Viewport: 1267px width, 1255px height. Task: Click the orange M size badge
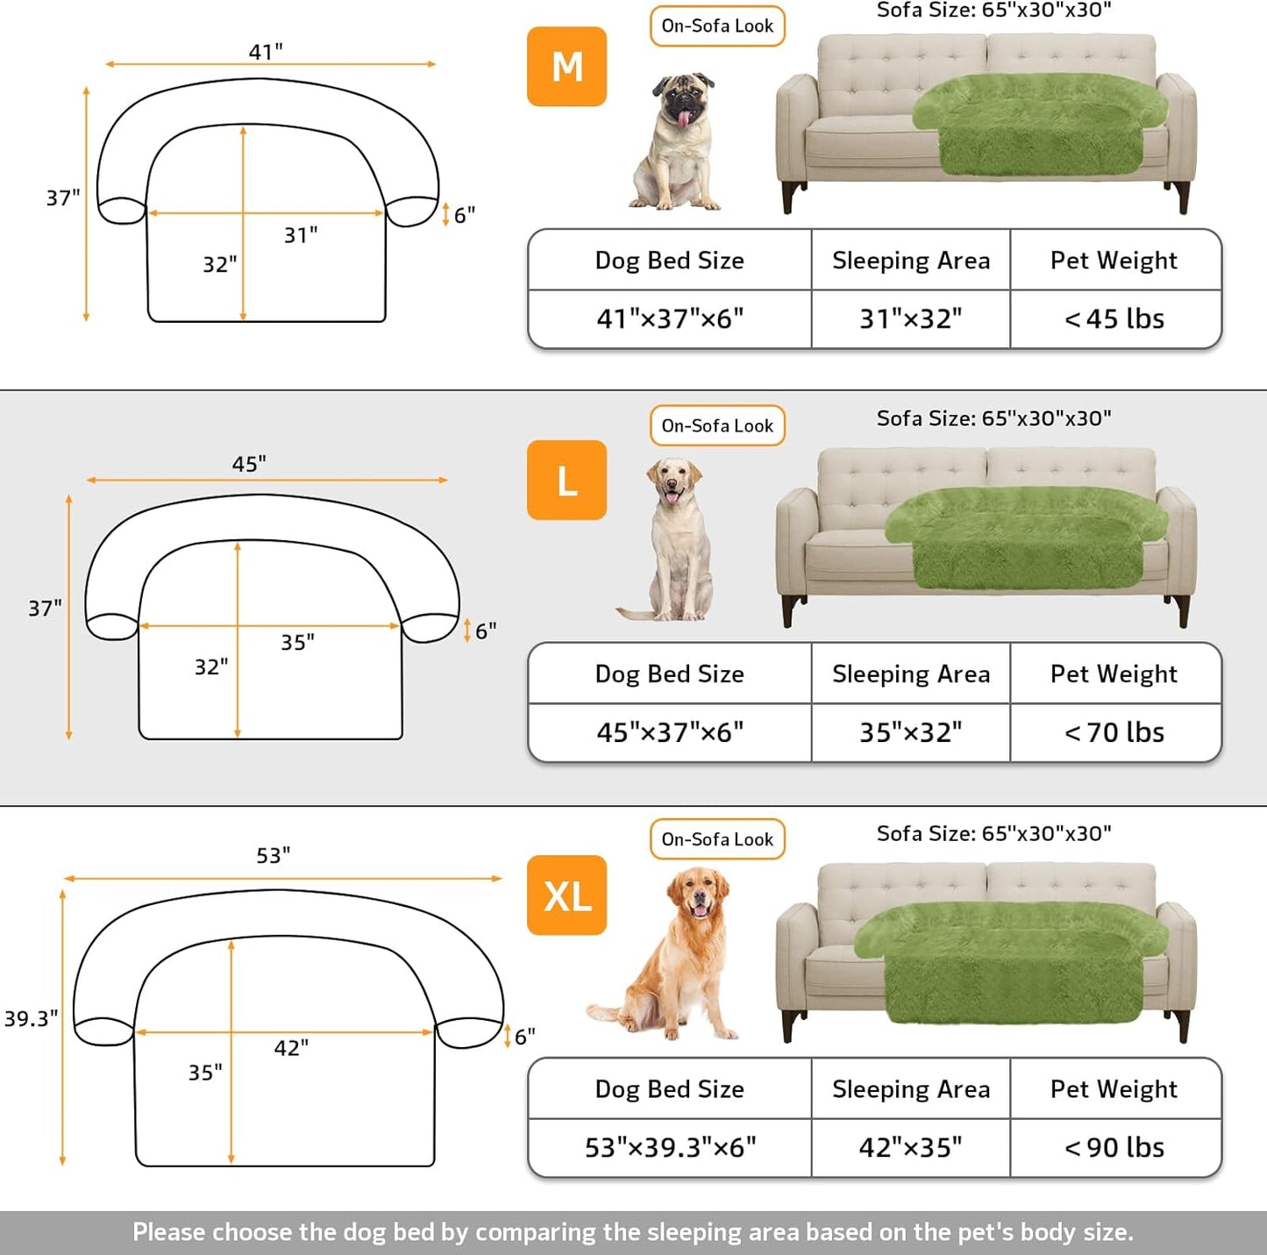pos(566,67)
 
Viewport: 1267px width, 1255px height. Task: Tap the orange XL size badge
pos(566,895)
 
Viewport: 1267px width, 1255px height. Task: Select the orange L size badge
pos(566,481)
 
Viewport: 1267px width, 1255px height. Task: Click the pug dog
pos(676,142)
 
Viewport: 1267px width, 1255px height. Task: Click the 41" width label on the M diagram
pos(266,52)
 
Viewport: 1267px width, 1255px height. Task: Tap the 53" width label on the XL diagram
pos(274,855)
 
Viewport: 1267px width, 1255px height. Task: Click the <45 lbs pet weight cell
pos(1114,319)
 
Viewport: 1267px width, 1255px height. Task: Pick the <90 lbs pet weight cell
pos(1114,1148)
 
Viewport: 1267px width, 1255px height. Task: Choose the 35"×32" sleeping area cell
pos(910,732)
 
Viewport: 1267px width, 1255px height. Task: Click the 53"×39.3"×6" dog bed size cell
pos(670,1148)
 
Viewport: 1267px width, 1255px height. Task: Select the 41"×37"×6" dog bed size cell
pos(670,319)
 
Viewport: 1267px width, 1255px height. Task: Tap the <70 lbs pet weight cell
pos(1114,732)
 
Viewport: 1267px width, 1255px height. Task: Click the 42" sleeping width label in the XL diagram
pos(291,1048)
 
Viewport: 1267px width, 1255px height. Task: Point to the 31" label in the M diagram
pos(301,235)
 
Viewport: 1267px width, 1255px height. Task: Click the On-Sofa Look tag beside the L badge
pos(717,425)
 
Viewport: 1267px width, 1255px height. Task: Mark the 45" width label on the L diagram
pos(249,464)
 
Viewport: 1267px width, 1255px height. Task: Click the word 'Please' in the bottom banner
pos(168,1232)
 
